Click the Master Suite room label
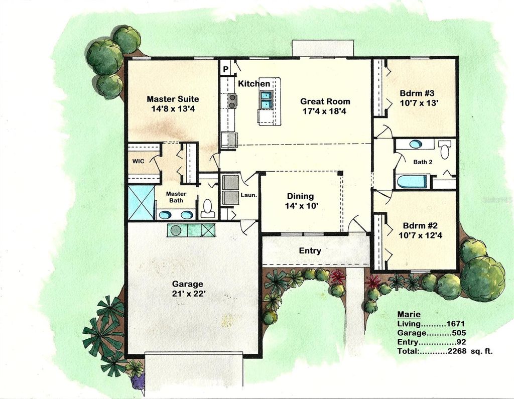(x=173, y=99)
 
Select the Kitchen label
(x=254, y=84)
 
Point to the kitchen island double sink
(x=265, y=100)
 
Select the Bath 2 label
(x=423, y=162)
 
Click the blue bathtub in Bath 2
(x=412, y=181)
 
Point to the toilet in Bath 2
(x=445, y=150)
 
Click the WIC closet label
(x=139, y=162)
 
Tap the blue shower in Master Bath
(x=140, y=202)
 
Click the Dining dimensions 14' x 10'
(x=300, y=206)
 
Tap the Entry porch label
(x=310, y=250)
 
